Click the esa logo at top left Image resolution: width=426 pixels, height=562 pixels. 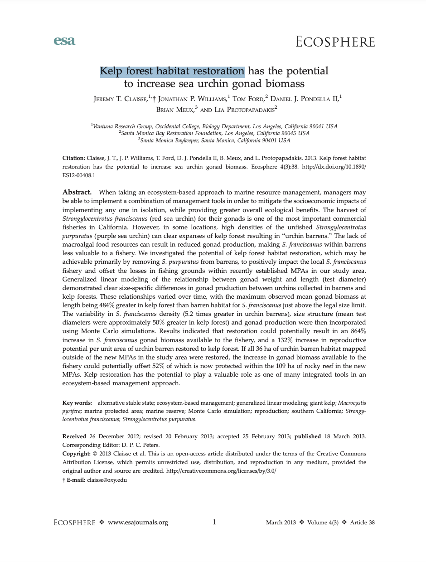64,41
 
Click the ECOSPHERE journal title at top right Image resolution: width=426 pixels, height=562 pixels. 335,42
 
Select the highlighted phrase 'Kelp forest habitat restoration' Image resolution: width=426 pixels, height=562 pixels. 172,71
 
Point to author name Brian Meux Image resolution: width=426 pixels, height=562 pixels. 171,109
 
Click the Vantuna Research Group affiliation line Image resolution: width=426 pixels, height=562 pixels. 214,126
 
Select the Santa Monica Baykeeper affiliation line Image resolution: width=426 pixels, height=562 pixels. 214,140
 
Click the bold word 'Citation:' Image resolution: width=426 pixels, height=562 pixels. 73,158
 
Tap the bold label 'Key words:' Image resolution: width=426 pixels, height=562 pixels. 77,402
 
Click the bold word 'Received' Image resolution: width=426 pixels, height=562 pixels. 74,436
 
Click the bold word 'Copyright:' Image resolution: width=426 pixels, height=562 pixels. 76,454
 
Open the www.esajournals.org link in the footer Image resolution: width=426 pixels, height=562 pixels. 138,522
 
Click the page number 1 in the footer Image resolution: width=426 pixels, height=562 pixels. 214,522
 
